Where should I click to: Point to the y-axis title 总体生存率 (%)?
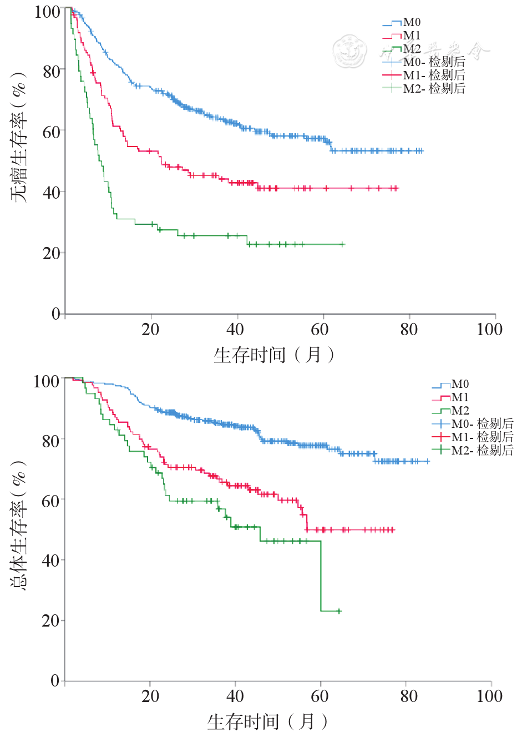(x=19, y=524)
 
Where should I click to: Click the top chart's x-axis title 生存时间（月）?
(x=275, y=355)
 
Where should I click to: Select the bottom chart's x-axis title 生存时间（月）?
(x=268, y=721)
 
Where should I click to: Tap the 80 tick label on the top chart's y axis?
(x=51, y=72)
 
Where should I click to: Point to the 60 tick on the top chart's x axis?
(x=320, y=330)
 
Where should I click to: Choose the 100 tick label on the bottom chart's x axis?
(x=489, y=696)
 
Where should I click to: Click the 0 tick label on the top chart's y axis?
(x=55, y=314)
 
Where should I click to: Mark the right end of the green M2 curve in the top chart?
(x=343, y=244)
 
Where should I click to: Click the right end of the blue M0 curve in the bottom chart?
(x=428, y=461)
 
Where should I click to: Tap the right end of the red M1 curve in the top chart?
(x=397, y=189)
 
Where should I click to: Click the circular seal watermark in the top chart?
(x=350, y=51)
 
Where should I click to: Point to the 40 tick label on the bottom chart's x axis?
(x=235, y=696)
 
